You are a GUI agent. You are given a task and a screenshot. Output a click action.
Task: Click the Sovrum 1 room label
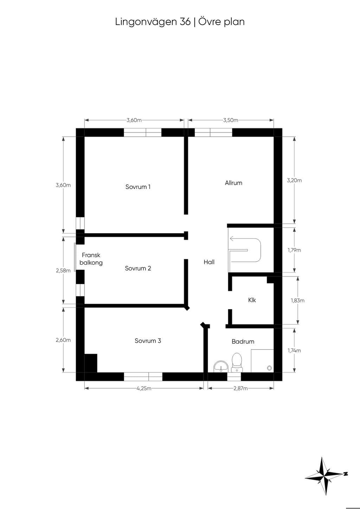point(138,187)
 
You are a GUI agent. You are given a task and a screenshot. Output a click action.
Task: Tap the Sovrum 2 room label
point(138,268)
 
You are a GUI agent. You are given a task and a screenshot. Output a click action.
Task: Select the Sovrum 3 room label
point(148,341)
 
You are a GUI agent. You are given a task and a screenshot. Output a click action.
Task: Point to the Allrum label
point(233,183)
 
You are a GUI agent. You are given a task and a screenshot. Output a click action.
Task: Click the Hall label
point(209,262)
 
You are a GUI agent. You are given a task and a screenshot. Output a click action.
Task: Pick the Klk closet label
point(252,300)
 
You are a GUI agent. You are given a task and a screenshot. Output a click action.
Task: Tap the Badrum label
point(243,341)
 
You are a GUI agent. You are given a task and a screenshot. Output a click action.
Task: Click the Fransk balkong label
point(91,259)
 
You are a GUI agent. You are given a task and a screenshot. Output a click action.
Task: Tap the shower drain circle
point(270,368)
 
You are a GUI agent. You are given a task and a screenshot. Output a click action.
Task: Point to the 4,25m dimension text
point(144,389)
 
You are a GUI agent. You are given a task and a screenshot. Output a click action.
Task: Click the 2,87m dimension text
point(240,389)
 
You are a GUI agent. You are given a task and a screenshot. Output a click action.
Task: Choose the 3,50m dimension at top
point(231,120)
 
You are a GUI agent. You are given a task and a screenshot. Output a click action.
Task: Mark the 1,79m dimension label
point(294,250)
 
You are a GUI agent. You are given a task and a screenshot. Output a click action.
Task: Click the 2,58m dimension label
point(63,270)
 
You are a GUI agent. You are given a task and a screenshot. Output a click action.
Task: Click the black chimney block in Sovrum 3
point(91,363)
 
